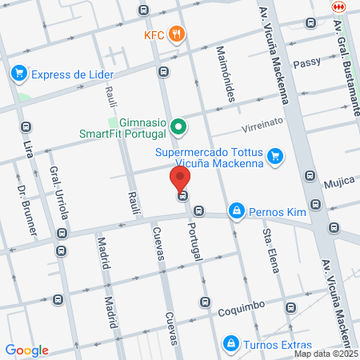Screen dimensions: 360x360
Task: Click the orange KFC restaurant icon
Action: pyautogui.click(x=178, y=35)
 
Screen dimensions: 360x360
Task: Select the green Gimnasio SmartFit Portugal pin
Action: pyautogui.click(x=179, y=126)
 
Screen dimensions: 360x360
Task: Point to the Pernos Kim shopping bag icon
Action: pyautogui.click(x=236, y=211)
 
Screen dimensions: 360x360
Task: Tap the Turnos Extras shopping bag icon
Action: pyautogui.click(x=231, y=342)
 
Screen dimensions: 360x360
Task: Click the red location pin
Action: pyautogui.click(x=181, y=179)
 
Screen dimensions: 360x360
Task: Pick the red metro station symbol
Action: pyautogui.click(x=338, y=6)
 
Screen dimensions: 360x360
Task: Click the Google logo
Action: pyautogui.click(x=26, y=350)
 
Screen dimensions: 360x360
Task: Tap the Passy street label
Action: pyautogui.click(x=307, y=62)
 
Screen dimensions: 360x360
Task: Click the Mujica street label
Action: pyautogui.click(x=338, y=183)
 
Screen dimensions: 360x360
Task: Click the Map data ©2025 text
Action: pyautogui.click(x=326, y=353)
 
